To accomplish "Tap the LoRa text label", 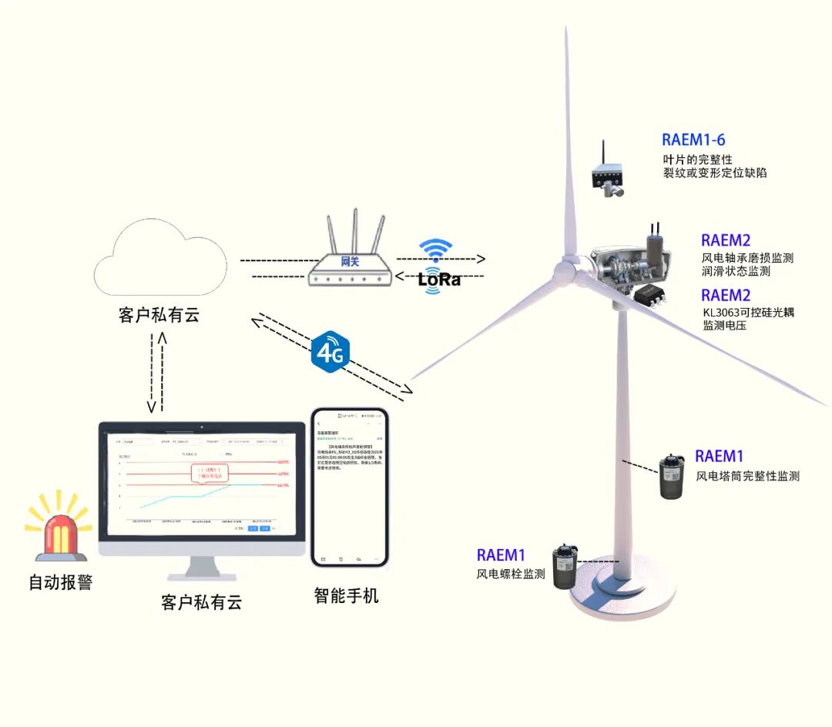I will [439, 280].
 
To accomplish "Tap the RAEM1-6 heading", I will [693, 140].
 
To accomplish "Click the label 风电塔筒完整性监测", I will [747, 477].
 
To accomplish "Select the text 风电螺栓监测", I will [511, 574].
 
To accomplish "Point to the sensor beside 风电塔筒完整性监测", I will [673, 477].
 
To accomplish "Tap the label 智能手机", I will [347, 595].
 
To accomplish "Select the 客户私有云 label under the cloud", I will [159, 315].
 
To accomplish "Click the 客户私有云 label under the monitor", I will [202, 601].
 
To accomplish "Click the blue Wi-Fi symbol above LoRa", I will [436, 250].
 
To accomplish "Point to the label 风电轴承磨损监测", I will [747, 258].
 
